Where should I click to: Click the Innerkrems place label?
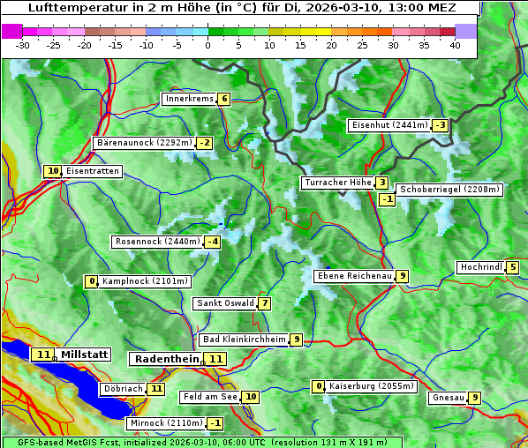[189, 99]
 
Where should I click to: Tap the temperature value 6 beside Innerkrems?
[224, 99]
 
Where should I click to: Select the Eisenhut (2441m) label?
[389, 125]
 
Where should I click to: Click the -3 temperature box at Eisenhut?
[440, 125]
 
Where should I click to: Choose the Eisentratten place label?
[93, 171]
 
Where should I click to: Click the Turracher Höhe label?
[337, 183]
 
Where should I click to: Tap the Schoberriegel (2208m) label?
[449, 190]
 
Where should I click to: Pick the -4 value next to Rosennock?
[213, 242]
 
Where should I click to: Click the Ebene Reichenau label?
[354, 276]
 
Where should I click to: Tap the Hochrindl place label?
[480, 267]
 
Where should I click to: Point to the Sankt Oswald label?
[224, 303]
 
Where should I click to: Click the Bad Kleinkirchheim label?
[244, 340]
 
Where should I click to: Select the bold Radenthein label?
[167, 359]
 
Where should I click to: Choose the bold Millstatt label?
[85, 355]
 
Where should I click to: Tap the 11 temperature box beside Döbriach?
[156, 388]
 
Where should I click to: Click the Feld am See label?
[210, 397]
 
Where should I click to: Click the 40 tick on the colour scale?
[455, 45]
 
